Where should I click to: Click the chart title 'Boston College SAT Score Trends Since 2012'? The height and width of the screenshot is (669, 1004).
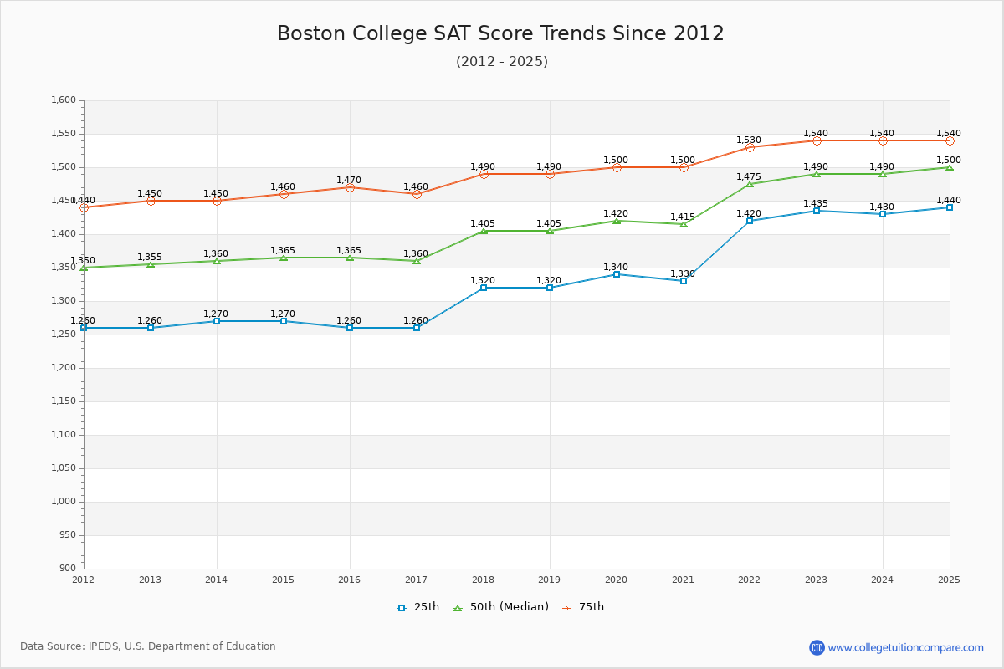[500, 33]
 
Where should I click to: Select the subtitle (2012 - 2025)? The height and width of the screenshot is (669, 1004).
[501, 62]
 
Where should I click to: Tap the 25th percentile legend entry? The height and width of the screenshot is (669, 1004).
[418, 607]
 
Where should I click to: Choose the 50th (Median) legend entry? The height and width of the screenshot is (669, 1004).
[501, 607]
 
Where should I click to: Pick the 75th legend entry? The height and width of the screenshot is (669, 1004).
[583, 607]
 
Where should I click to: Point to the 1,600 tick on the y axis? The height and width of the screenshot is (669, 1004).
[64, 100]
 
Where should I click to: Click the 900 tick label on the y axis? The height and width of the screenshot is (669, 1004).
[67, 569]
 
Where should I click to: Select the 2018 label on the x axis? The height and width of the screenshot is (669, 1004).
[483, 580]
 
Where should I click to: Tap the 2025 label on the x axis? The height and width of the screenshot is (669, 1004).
[949, 580]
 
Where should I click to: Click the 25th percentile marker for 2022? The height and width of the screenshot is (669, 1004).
[750, 221]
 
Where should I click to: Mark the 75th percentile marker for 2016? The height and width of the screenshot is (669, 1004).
[350, 187]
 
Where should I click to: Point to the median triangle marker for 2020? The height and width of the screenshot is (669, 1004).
[617, 221]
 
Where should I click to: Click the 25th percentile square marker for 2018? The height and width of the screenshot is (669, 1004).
[484, 288]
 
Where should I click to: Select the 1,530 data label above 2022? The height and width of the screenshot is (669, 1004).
[749, 140]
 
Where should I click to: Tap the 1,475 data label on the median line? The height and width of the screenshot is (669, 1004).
[749, 176]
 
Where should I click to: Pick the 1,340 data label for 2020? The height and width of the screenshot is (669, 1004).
[616, 268]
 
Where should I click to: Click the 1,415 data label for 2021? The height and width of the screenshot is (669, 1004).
[683, 217]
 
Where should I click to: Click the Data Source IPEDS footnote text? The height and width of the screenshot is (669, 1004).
[148, 646]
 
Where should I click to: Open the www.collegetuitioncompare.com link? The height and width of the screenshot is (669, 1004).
[906, 647]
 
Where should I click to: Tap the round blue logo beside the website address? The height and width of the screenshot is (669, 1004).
[817, 647]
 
